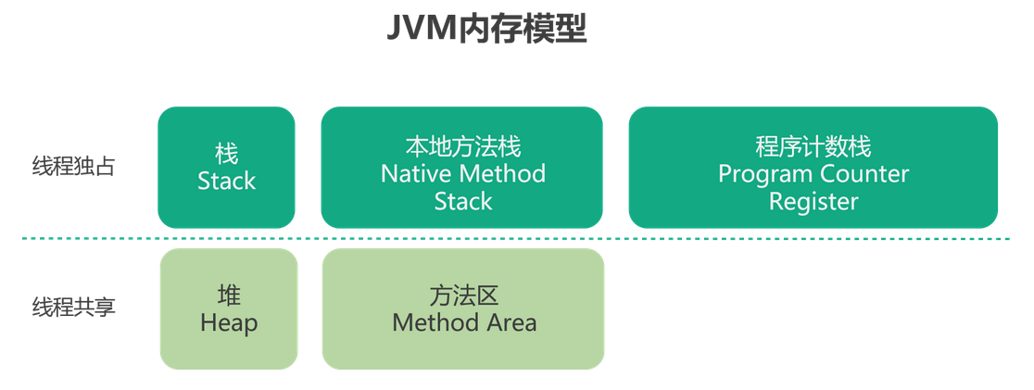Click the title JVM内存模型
click(486, 30)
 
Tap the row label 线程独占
click(74, 168)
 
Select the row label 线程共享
click(74, 307)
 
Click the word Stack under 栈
click(227, 182)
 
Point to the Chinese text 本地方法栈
click(463, 146)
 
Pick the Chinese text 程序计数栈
click(813, 146)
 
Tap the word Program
click(763, 173)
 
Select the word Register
click(813, 201)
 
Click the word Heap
click(229, 323)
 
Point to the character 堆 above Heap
click(229, 296)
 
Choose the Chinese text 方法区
click(464, 296)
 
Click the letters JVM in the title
click(416, 30)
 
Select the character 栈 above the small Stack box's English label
click(227, 154)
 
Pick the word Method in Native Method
click(503, 173)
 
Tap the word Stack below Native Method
click(463, 201)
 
